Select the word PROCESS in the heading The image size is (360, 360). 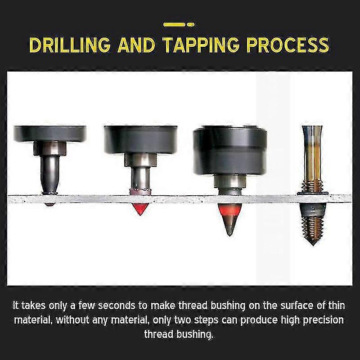(x=291, y=45)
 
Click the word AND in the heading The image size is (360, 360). (x=137, y=45)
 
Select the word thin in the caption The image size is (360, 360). (x=337, y=306)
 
